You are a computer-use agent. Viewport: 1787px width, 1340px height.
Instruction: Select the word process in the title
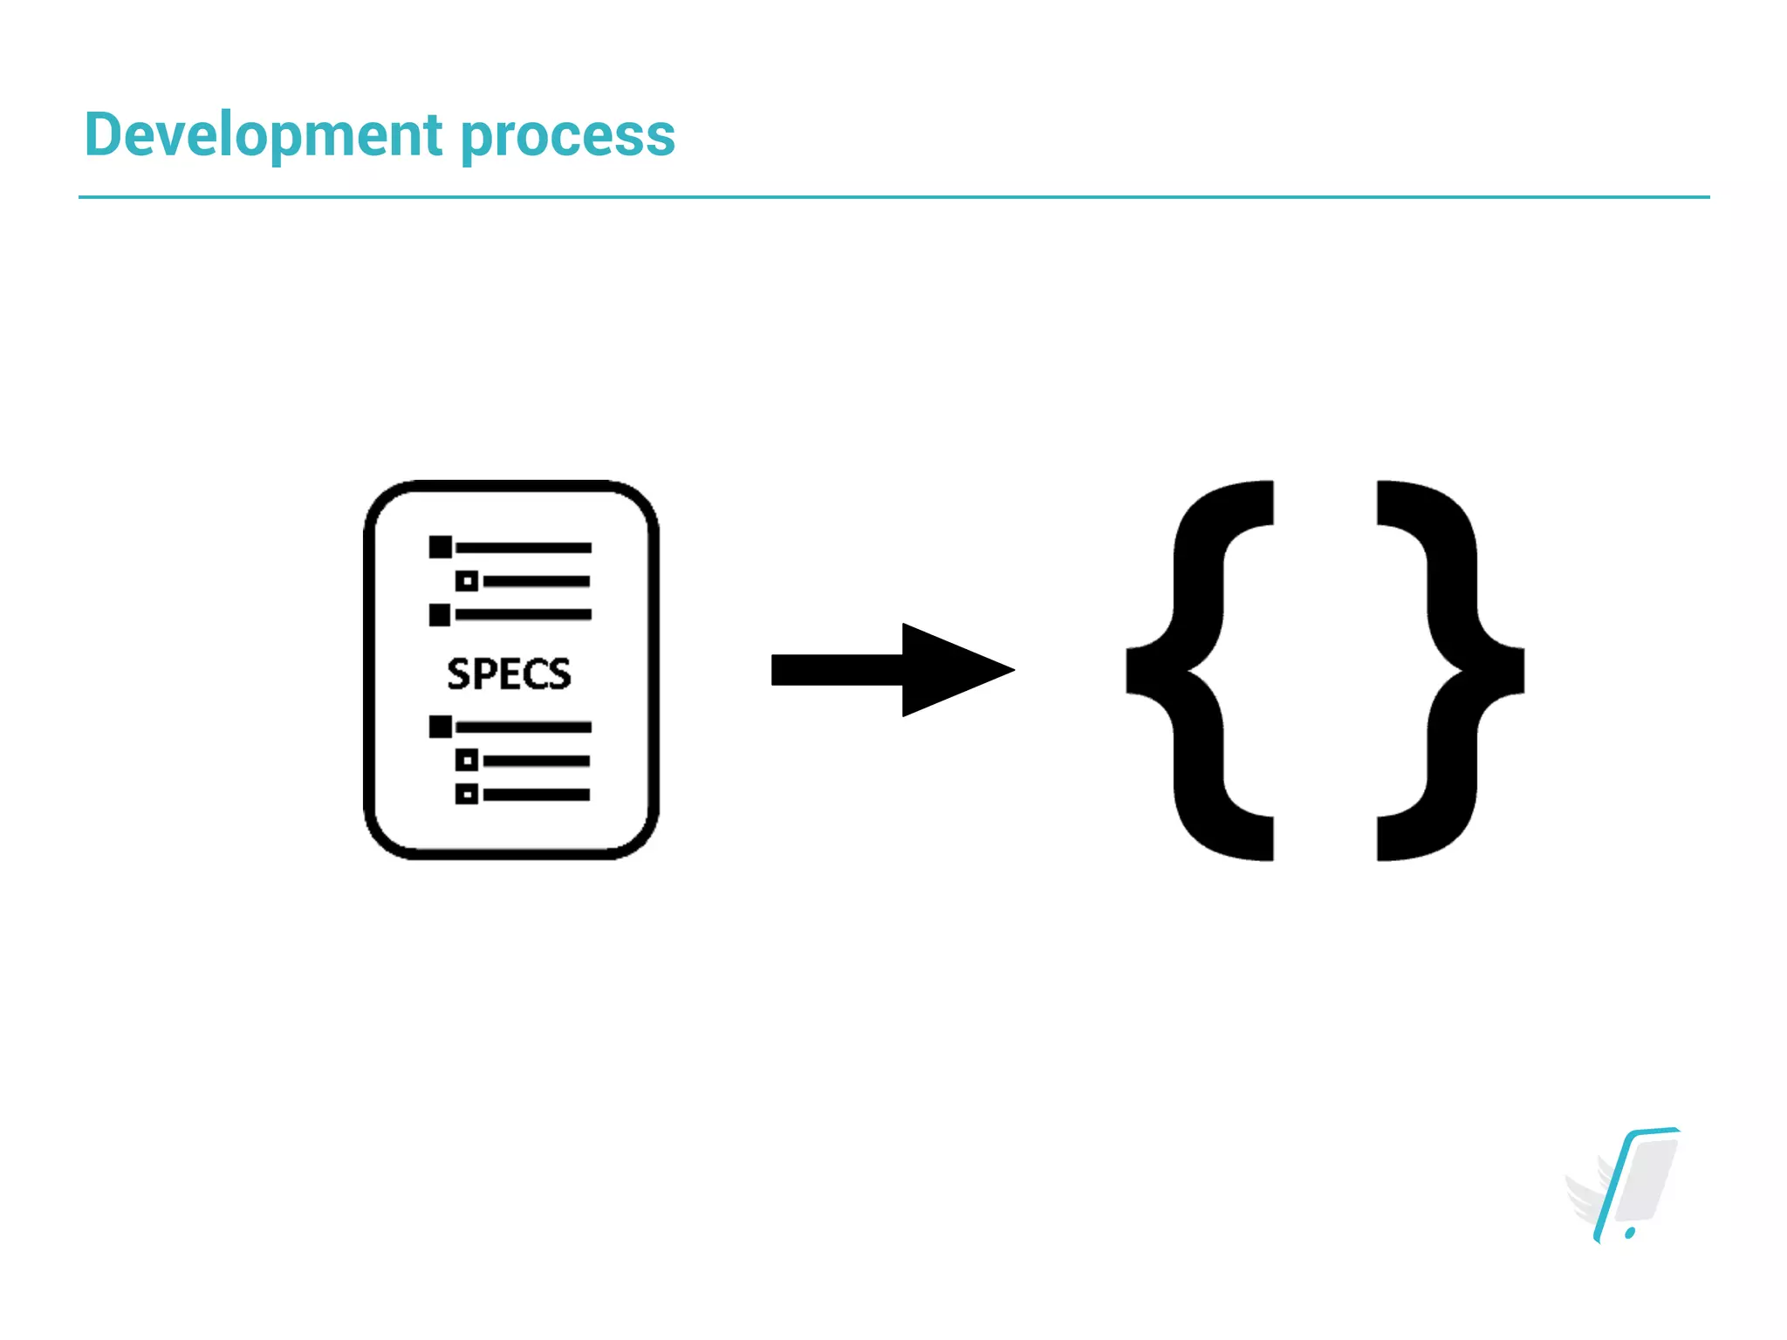567,138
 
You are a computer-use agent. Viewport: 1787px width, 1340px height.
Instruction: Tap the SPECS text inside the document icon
509,673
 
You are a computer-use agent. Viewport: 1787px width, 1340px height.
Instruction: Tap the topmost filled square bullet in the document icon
441,547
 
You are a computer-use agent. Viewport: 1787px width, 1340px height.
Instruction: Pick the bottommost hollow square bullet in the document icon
467,794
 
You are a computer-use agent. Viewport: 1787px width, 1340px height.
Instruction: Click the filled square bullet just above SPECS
441,615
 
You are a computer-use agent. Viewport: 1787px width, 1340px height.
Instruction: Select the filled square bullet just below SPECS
441,727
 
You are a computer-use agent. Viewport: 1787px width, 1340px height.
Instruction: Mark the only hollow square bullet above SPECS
467,581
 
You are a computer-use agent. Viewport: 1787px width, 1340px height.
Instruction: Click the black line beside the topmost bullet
523,548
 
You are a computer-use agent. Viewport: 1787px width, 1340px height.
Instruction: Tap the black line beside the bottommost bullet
536,795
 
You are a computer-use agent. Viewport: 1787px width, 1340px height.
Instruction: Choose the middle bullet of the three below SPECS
467,761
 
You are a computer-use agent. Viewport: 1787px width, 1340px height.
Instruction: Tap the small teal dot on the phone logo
1630,1233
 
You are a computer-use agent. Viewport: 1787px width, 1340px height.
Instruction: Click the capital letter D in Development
103,135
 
